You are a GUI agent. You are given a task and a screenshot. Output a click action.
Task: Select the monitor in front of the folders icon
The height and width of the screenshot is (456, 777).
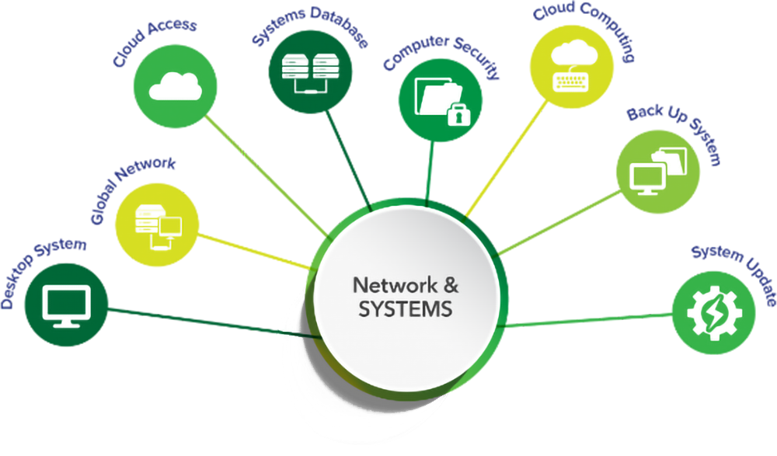point(645,180)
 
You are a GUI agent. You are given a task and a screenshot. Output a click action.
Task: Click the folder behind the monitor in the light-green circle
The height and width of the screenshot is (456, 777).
point(671,160)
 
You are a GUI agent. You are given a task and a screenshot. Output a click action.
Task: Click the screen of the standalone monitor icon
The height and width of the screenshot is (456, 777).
point(66,301)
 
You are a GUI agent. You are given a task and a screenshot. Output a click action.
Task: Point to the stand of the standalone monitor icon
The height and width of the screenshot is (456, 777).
point(66,320)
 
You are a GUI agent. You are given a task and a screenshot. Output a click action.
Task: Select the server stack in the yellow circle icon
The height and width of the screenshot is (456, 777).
point(147,220)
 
